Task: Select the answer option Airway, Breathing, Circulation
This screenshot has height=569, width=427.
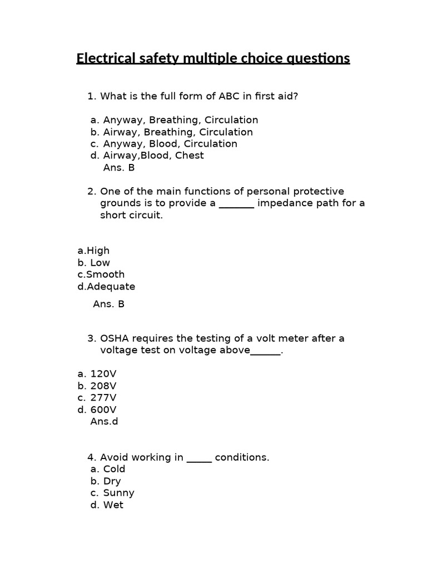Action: pyautogui.click(x=178, y=132)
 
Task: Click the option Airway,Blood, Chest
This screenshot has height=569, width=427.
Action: pyautogui.click(x=153, y=156)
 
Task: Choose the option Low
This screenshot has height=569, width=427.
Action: pyautogui.click(x=100, y=263)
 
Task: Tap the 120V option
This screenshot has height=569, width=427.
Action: pyautogui.click(x=103, y=374)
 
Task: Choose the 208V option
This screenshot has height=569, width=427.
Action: pyautogui.click(x=103, y=386)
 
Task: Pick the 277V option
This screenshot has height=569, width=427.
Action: pyautogui.click(x=103, y=398)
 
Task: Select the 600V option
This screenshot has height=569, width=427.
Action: pyautogui.click(x=103, y=410)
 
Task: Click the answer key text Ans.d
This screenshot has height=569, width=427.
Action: pyautogui.click(x=104, y=422)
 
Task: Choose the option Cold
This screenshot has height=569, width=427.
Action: pyautogui.click(x=115, y=470)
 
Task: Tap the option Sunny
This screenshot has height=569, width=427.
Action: pyautogui.click(x=119, y=493)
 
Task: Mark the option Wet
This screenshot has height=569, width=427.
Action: pyautogui.click(x=113, y=505)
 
